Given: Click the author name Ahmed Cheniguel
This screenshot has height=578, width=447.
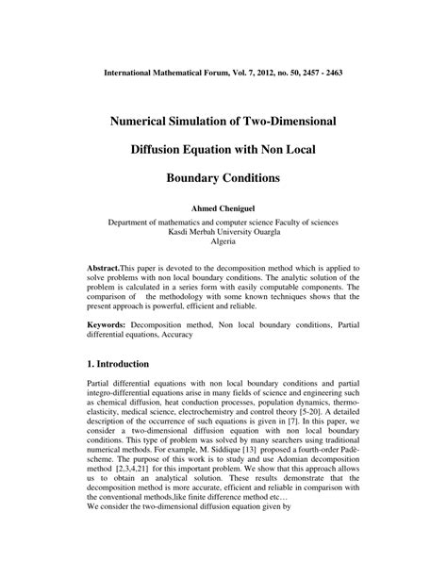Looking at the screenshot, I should (223, 208).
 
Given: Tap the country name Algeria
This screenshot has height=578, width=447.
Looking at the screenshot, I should (223, 241).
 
